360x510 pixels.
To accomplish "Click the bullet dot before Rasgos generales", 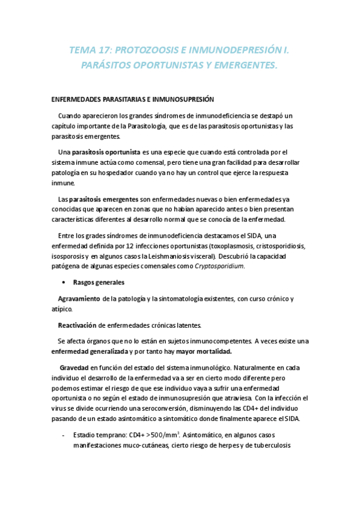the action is click(62, 282).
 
